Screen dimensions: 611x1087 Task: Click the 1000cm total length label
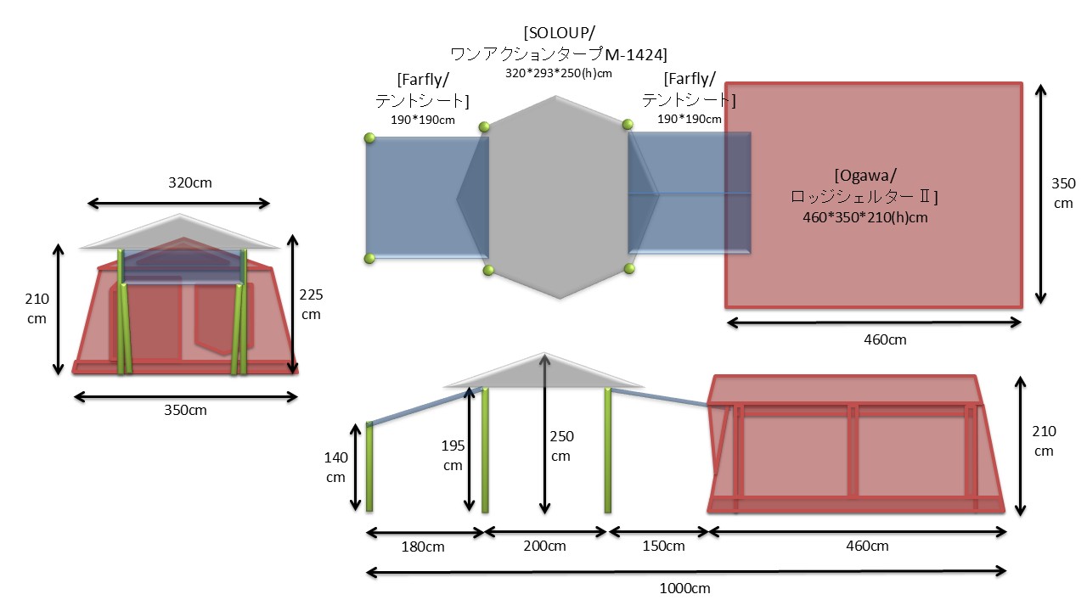685,588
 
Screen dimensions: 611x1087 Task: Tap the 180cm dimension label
423,547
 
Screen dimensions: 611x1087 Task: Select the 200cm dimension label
544,547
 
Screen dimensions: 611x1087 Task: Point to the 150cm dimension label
662,547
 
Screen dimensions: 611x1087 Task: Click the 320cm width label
178,182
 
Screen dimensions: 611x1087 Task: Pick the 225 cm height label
312,304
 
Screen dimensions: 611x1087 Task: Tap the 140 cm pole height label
335,467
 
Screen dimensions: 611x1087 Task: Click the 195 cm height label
452,456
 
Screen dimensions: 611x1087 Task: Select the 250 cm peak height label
561,446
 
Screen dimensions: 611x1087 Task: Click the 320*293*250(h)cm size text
558,74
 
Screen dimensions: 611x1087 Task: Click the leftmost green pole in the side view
369,467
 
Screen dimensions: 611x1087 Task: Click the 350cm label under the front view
185,410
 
